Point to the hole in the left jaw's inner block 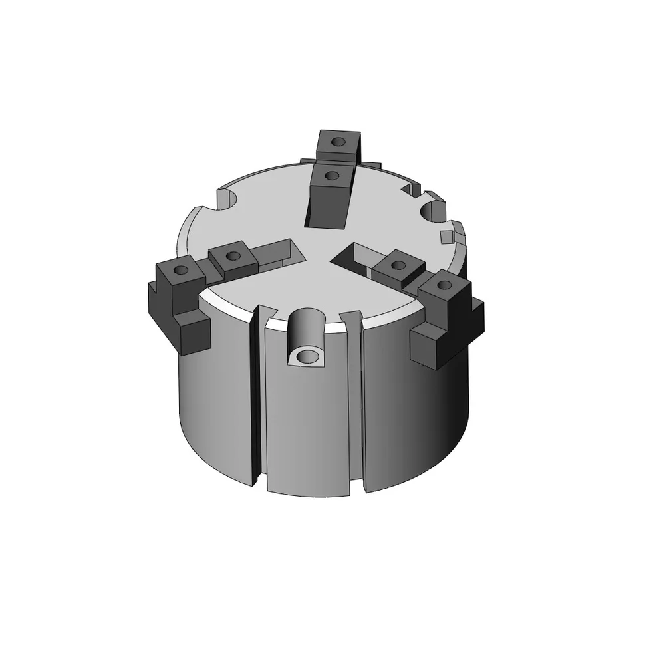(x=233, y=255)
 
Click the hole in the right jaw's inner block (x=398, y=265)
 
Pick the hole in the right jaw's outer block (x=444, y=285)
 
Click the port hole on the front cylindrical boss (x=307, y=357)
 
